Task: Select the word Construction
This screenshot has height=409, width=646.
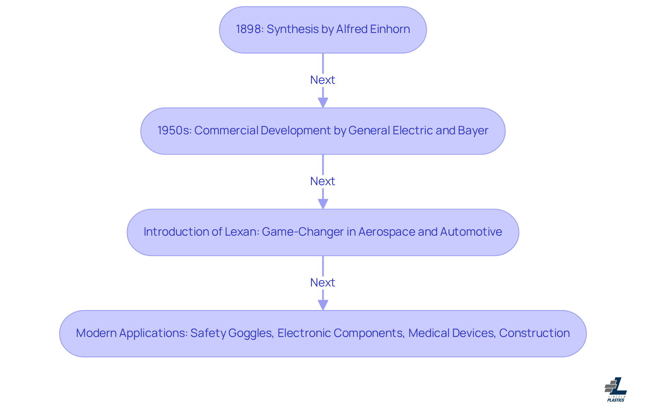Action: tap(534, 333)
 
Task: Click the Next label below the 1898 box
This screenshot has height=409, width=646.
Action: tap(323, 80)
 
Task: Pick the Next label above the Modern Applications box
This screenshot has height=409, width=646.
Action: tap(323, 283)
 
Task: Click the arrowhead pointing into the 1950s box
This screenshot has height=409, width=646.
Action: tap(323, 103)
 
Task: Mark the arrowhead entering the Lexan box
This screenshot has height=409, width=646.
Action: tap(323, 204)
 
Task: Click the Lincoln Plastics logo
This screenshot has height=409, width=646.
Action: tap(616, 389)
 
